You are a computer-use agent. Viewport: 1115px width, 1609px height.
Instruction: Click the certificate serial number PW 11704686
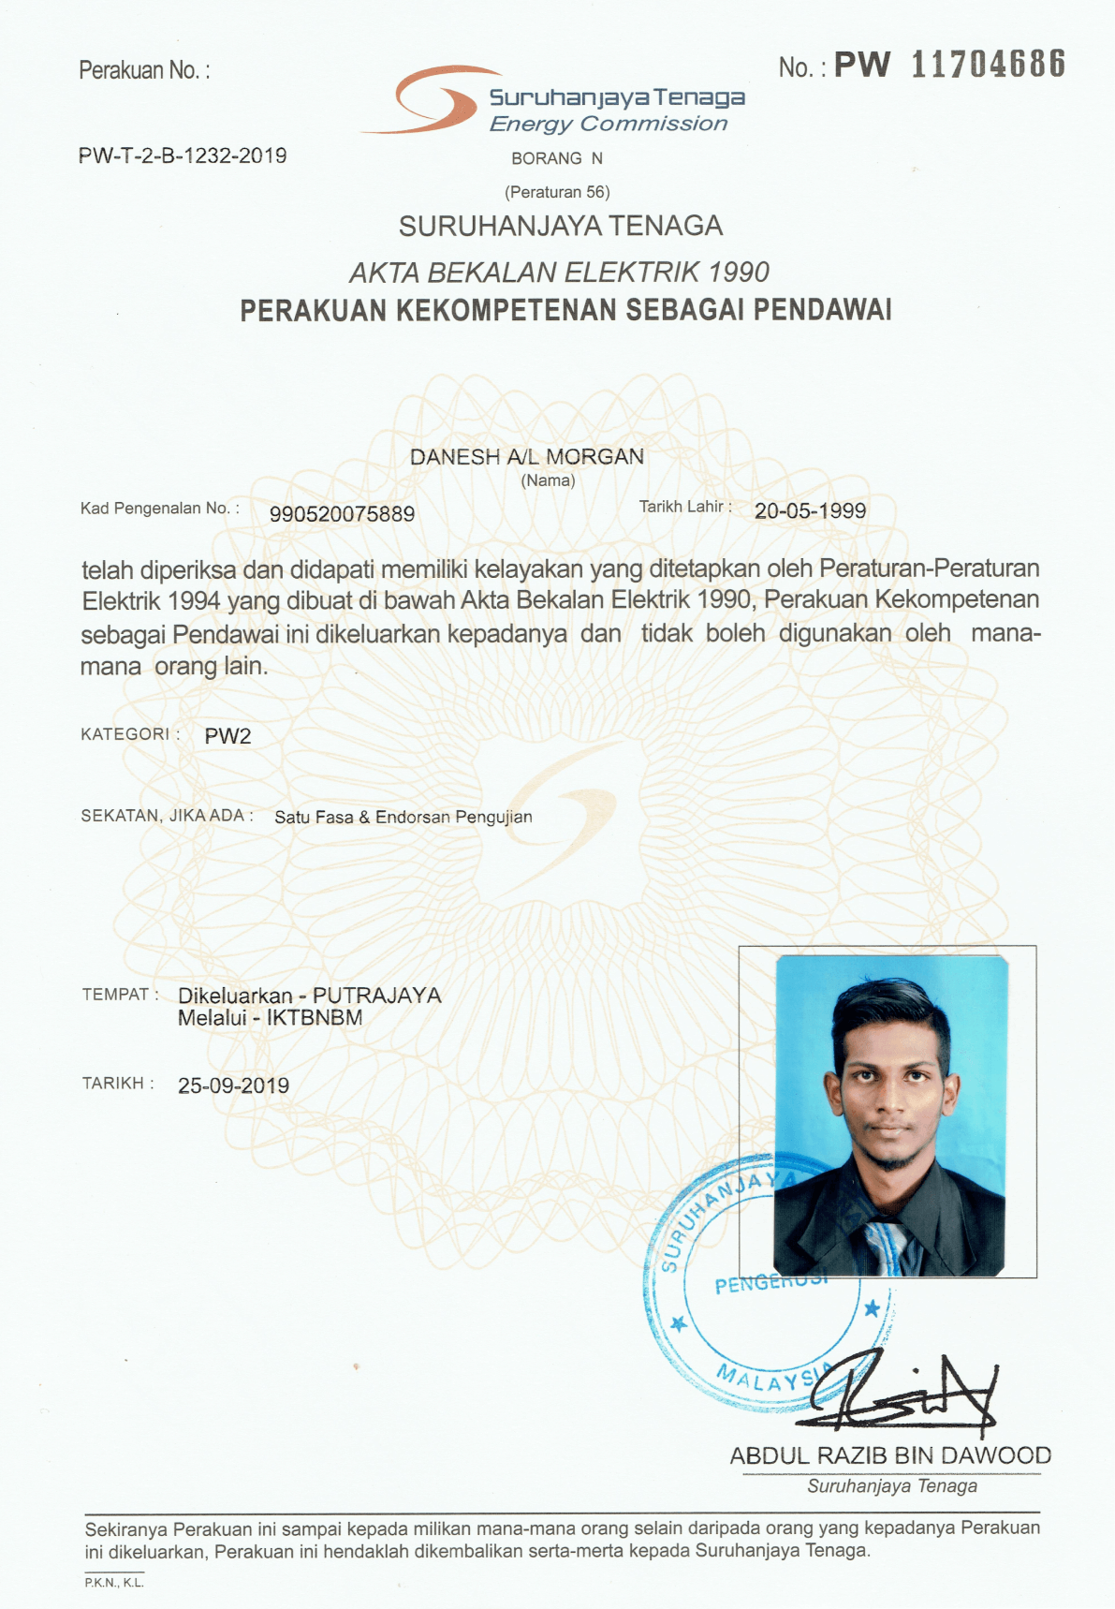pyautogui.click(x=949, y=65)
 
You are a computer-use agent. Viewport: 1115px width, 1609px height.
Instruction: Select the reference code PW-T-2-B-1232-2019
pyautogui.click(x=183, y=155)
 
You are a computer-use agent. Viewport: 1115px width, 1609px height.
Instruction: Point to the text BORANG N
pyautogui.click(x=557, y=158)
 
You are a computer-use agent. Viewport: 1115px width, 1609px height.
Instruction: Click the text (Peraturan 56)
pyautogui.click(x=557, y=192)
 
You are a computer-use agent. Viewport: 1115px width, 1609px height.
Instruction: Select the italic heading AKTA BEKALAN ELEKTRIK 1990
pyautogui.click(x=559, y=273)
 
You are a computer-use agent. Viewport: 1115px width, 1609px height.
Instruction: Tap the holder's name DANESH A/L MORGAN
pyautogui.click(x=527, y=457)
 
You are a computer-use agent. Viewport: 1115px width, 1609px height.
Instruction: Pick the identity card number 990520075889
pyautogui.click(x=342, y=514)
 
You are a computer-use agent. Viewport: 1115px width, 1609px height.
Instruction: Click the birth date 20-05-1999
pyautogui.click(x=810, y=510)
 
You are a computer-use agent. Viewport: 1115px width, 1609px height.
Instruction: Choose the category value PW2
pyautogui.click(x=227, y=736)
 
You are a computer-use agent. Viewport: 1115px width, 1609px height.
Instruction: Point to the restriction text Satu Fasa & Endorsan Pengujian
pyautogui.click(x=403, y=817)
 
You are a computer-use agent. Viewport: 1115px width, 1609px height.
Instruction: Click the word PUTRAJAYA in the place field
pyautogui.click(x=376, y=996)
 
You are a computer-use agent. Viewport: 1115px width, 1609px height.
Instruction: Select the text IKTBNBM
pyautogui.click(x=315, y=1018)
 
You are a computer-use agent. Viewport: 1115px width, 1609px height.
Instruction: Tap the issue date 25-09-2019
pyautogui.click(x=233, y=1085)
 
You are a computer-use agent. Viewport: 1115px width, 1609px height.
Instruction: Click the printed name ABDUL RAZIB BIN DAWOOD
pyautogui.click(x=890, y=1455)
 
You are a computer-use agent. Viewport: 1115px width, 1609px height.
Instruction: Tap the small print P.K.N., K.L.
pyautogui.click(x=113, y=1583)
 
